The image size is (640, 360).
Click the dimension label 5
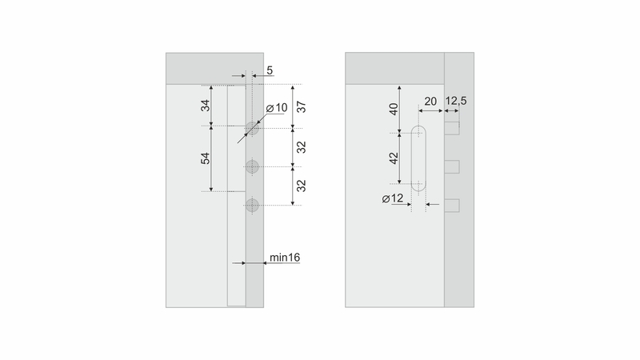(x=270, y=70)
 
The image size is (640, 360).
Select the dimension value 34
(x=206, y=106)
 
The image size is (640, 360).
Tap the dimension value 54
(x=206, y=158)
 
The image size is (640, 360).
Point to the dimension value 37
(x=302, y=107)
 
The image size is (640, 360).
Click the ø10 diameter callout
(x=277, y=108)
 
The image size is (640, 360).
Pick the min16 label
(x=285, y=257)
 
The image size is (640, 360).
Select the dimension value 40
(x=393, y=109)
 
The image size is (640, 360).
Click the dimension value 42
(x=393, y=158)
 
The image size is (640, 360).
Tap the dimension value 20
(x=430, y=102)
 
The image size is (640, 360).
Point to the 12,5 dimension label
(x=456, y=101)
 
